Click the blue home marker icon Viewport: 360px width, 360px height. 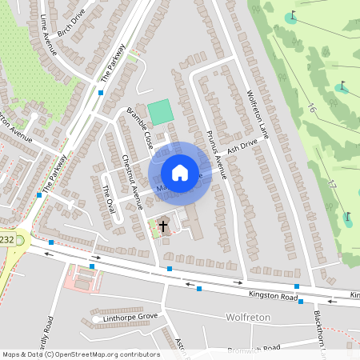click(x=180, y=173)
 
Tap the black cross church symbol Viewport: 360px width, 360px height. click(x=163, y=226)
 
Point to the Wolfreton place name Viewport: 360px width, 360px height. click(x=248, y=318)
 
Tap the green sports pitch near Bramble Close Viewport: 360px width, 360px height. click(x=161, y=112)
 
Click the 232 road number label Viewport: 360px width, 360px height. click(x=6, y=239)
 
